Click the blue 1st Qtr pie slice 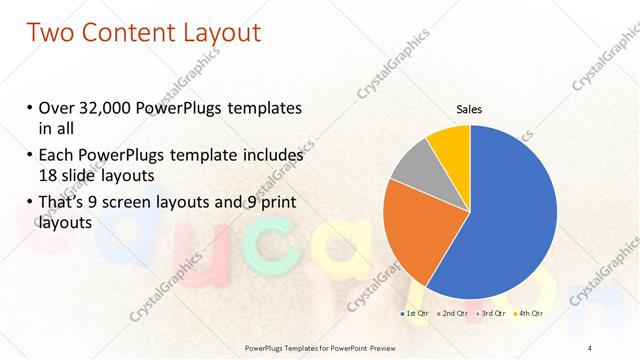pyautogui.click(x=510, y=220)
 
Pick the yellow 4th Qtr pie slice pyautogui.click(x=449, y=145)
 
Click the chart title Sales pyautogui.click(x=469, y=107)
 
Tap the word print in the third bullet pyautogui.click(x=274, y=203)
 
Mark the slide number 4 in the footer pyautogui.click(x=589, y=347)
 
